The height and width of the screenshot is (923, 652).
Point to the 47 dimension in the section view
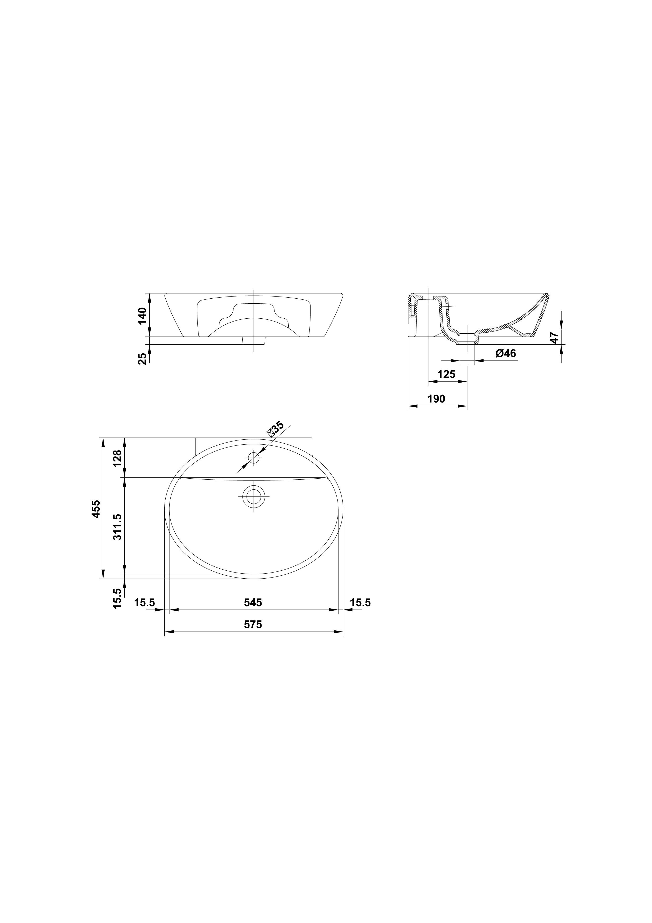[x=554, y=338]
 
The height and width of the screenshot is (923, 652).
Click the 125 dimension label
[x=446, y=374]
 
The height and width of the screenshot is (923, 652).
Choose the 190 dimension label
[x=436, y=399]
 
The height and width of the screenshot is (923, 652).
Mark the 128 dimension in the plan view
[x=117, y=458]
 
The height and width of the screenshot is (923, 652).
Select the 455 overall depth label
[x=96, y=509]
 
